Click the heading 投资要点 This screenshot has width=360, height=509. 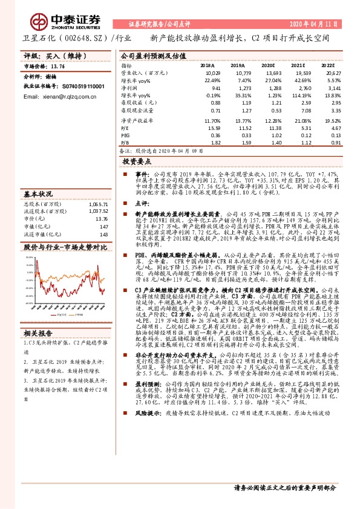coord(136,162)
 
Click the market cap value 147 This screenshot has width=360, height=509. coord(103,227)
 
